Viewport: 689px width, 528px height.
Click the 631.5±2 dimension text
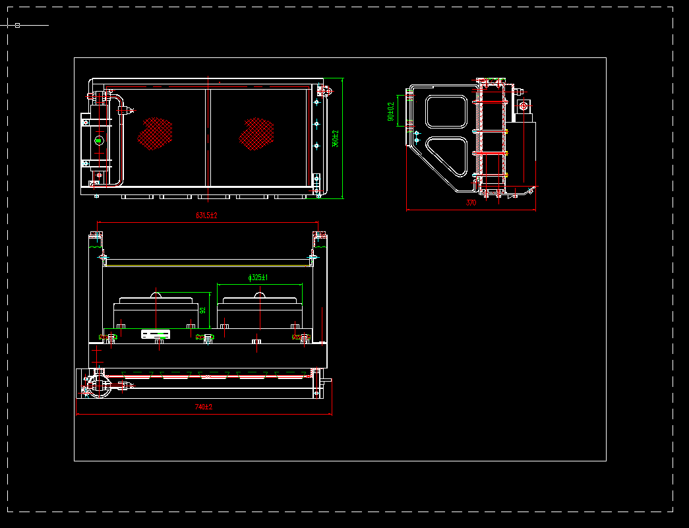tap(206, 216)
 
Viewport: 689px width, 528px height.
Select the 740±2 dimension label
tap(204, 407)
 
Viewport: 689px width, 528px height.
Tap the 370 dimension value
tap(471, 203)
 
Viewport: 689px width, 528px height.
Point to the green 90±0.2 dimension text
tap(391, 111)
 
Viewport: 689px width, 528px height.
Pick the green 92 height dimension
tap(203, 309)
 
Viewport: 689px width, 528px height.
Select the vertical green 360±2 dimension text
tap(336, 138)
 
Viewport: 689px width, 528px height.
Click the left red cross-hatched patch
tap(155, 133)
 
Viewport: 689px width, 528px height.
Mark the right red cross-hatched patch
tap(256, 134)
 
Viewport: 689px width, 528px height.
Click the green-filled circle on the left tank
tap(99, 140)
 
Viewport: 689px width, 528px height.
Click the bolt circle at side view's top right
tap(524, 105)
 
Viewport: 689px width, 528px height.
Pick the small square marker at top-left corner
tap(17, 25)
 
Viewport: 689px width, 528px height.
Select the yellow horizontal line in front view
tap(206, 266)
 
